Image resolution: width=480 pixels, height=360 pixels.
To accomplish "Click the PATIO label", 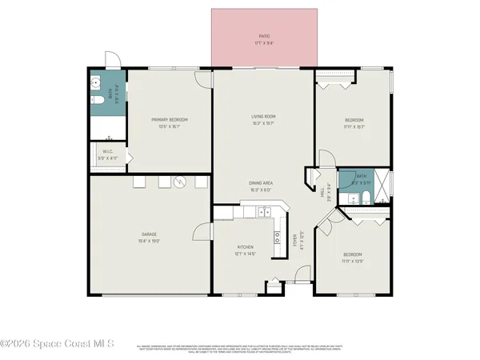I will tap(264, 36).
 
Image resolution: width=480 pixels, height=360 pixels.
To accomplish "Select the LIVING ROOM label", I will tap(264, 117).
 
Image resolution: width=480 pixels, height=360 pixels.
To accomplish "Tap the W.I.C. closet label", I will tap(107, 152).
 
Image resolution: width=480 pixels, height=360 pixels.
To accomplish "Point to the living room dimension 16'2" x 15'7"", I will tap(264, 123).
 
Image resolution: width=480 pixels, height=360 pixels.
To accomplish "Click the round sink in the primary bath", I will tap(94, 82).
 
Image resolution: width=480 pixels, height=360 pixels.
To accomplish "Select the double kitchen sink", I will tap(278, 236).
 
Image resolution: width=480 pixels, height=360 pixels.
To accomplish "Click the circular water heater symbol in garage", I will tap(181, 182).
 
